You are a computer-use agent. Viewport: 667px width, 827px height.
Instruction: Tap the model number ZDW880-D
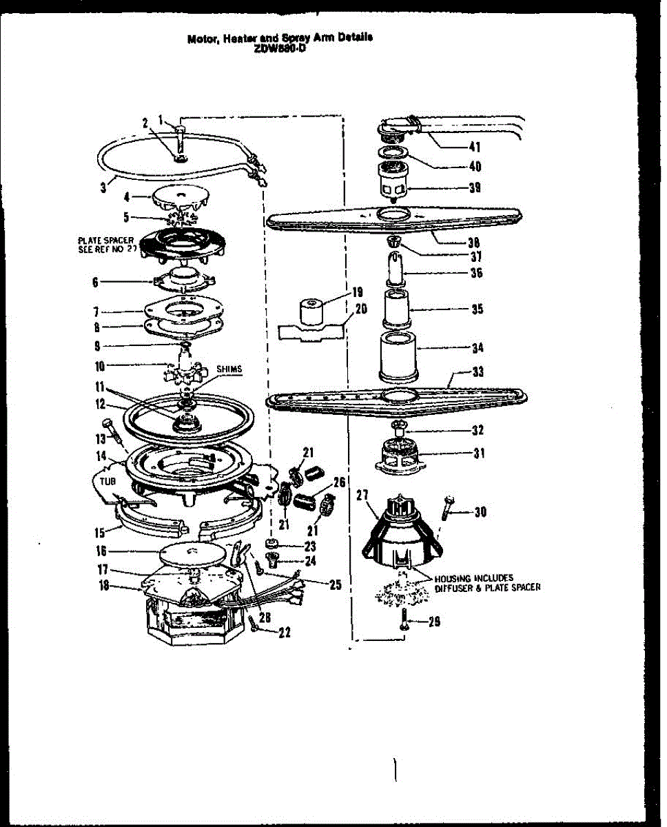pos(279,48)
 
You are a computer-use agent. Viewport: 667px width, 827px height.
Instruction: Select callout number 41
pos(474,146)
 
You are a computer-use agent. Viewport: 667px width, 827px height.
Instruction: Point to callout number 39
pos(474,187)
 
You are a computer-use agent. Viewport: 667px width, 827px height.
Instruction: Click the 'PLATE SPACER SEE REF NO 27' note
pos(105,244)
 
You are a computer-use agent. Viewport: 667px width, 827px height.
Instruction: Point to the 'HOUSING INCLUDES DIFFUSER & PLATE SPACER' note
pos(487,583)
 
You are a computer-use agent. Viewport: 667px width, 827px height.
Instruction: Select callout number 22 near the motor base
pos(283,633)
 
